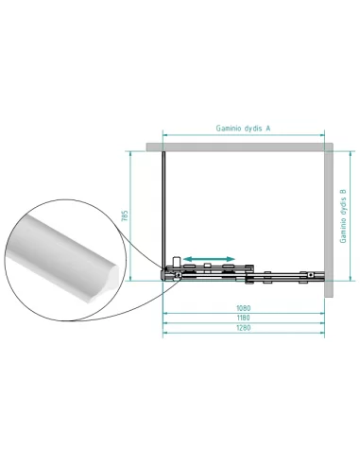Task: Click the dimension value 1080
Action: [244, 308]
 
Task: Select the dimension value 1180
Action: [244, 318]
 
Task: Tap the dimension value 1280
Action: [244, 328]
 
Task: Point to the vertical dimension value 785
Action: [125, 215]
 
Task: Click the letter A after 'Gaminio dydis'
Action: [268, 128]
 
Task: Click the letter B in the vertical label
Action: [343, 192]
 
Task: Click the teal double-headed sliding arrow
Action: [209, 259]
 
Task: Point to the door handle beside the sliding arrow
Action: [176, 261]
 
